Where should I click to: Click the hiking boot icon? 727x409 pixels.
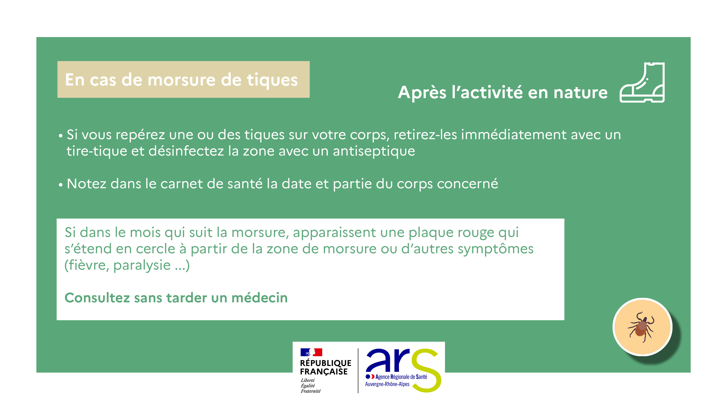coord(642,82)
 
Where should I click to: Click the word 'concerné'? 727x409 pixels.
coord(467,184)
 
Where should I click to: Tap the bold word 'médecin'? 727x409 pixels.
coord(259,298)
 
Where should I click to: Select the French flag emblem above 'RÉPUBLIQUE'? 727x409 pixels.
coord(311,352)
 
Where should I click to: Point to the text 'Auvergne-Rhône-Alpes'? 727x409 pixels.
coord(387,384)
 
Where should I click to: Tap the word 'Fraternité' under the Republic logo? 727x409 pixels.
coord(310,391)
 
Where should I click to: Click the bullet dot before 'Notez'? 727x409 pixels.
coord(60,185)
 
